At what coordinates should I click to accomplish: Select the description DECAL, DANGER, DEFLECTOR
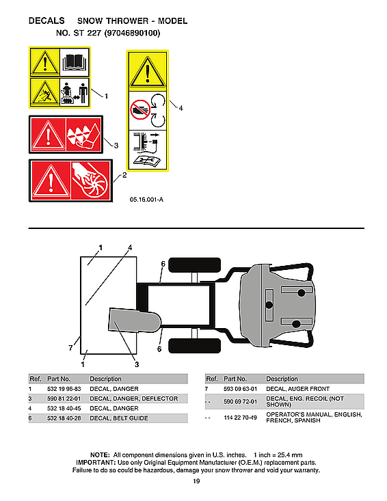coord(133,398)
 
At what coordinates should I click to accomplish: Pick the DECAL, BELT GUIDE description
coord(118,418)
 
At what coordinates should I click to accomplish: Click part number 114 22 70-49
coord(240,418)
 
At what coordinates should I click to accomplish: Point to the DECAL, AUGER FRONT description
coord(297,389)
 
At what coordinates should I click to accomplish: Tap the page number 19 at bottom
coord(196,483)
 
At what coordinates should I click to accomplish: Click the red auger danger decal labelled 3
coord(65,135)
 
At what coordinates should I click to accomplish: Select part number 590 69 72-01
coord(240,402)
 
